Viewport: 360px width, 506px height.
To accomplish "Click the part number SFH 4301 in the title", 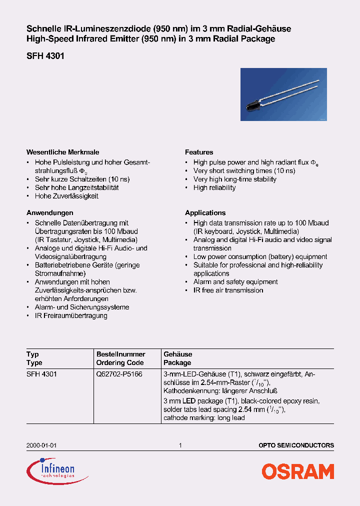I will [45, 56].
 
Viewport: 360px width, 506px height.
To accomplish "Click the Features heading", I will [199, 152].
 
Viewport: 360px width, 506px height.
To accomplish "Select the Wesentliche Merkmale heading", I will [62, 152].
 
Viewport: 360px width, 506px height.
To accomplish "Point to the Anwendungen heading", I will [49, 212].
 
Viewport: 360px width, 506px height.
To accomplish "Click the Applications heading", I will [205, 212].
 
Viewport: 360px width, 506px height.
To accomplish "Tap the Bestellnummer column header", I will [120, 354].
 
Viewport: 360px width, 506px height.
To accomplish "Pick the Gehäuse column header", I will [177, 354].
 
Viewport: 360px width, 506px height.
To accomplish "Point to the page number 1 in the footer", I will [180, 445].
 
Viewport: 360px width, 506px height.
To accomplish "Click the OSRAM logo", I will [298, 471].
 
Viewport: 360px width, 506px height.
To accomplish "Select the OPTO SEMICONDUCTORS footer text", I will [296, 445].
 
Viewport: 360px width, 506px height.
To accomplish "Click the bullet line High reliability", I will [214, 187].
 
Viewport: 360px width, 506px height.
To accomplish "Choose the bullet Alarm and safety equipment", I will [235, 281].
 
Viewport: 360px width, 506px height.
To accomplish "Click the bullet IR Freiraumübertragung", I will [71, 315].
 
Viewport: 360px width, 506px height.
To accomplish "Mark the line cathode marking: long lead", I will [204, 417].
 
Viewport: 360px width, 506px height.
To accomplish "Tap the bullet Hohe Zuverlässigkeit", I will [66, 196].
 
